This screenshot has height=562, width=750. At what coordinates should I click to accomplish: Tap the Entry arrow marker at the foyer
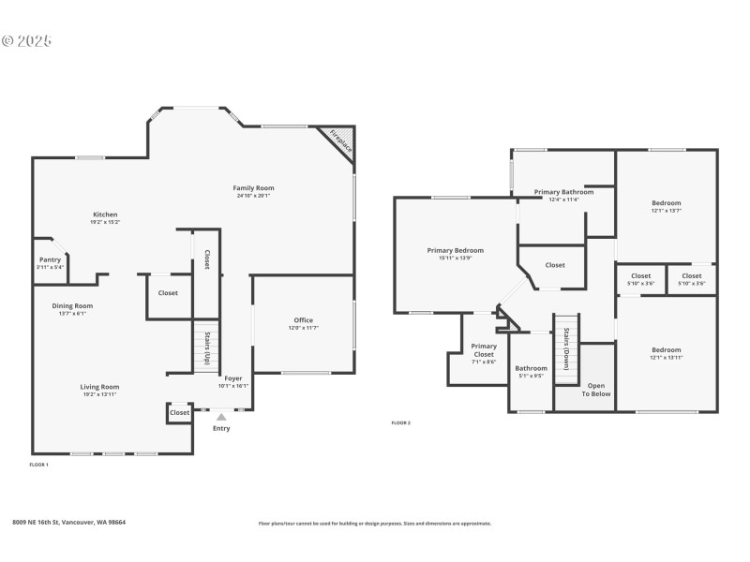(x=221, y=418)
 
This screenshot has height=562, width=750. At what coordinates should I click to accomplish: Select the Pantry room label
(x=50, y=259)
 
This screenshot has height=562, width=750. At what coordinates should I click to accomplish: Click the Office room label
(x=304, y=320)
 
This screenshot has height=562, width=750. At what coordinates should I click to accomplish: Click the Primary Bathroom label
(x=563, y=192)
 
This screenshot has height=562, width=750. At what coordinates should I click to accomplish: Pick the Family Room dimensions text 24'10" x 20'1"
(x=253, y=196)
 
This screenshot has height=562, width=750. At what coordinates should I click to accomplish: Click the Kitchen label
(x=105, y=214)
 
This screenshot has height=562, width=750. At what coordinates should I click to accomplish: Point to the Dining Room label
(x=72, y=305)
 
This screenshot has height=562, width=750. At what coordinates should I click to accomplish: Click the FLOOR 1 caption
(x=39, y=465)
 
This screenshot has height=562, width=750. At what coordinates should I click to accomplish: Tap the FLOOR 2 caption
(x=401, y=422)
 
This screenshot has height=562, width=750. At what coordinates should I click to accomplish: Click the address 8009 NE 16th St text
(x=69, y=523)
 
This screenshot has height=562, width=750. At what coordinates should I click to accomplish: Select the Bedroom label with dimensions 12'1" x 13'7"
(x=667, y=203)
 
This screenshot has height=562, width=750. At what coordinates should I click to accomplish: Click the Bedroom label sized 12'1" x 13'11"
(x=667, y=349)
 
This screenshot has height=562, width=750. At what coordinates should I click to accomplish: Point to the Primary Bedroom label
(x=456, y=250)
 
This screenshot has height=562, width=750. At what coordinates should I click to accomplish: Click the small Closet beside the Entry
(x=180, y=412)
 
